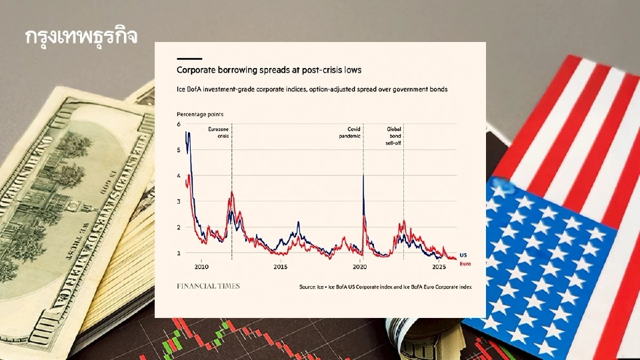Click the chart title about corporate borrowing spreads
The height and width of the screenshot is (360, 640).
click(x=269, y=70)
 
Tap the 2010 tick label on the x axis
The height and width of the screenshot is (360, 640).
click(x=201, y=267)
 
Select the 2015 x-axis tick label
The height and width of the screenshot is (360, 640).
click(x=280, y=267)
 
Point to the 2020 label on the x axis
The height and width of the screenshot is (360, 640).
click(x=359, y=267)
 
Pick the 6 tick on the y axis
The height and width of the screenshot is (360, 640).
click(x=179, y=125)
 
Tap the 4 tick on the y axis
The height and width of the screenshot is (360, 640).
click(x=179, y=176)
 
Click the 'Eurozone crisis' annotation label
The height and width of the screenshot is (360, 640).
click(x=219, y=132)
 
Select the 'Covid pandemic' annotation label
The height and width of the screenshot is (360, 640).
click(x=350, y=132)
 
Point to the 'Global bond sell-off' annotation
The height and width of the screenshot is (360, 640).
click(x=393, y=135)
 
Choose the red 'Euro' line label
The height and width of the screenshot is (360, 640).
click(x=466, y=264)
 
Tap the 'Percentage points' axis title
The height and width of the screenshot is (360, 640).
click(x=200, y=115)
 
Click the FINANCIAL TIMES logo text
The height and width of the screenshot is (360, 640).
click(x=208, y=286)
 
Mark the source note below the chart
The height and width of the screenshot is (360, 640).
click(x=385, y=287)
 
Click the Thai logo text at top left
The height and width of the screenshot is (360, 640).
click(x=81, y=37)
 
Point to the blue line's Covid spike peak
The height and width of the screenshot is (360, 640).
click(x=363, y=176)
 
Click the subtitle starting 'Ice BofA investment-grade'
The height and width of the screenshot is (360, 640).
click(x=311, y=89)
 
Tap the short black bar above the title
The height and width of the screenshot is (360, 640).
click(x=189, y=59)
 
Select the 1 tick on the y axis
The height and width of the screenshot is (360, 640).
click(x=179, y=253)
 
